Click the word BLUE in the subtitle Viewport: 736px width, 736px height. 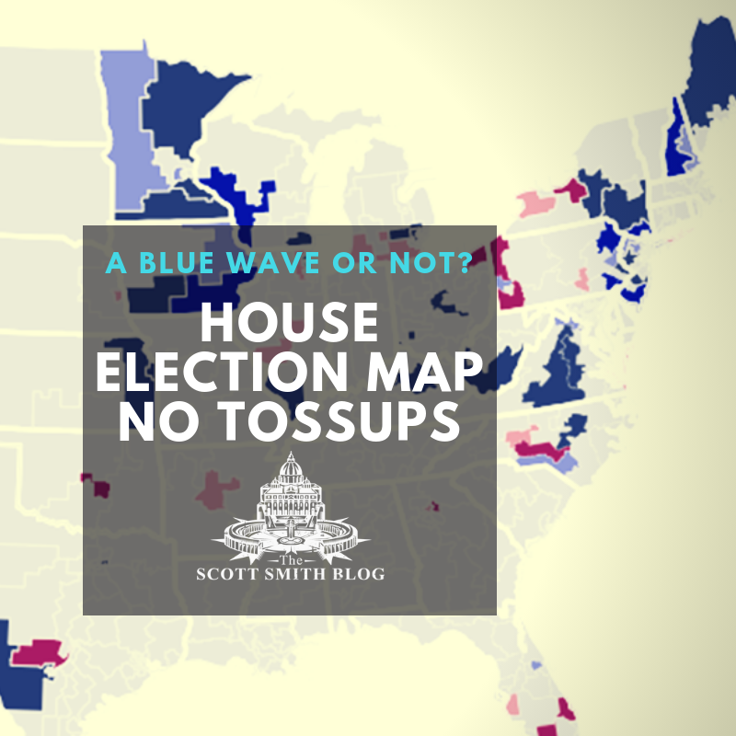pyautogui.click(x=176, y=262)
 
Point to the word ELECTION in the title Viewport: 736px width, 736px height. pyautogui.click(x=226, y=374)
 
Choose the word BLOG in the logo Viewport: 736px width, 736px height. pyautogui.click(x=354, y=574)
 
